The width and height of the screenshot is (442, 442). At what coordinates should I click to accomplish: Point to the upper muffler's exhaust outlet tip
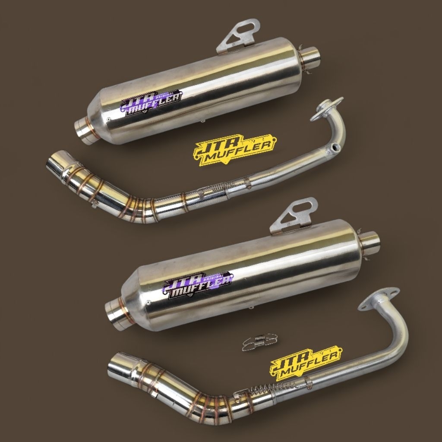click(311, 58)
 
